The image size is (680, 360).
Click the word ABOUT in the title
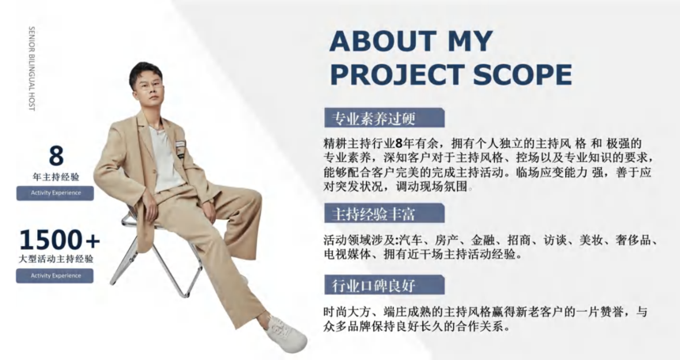383,41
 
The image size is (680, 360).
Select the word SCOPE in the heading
523,74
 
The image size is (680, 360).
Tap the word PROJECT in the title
398,74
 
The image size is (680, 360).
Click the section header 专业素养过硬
373,118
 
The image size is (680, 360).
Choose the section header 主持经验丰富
373,214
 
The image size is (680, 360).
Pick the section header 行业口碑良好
373,286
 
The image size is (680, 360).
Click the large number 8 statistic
56,156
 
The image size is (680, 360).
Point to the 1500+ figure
59,240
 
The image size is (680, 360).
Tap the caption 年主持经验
56,177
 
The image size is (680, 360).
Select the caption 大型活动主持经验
56,260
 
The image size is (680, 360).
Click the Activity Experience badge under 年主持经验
55,193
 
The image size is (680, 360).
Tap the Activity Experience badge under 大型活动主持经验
55,276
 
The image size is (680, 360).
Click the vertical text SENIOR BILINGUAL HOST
31,69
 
